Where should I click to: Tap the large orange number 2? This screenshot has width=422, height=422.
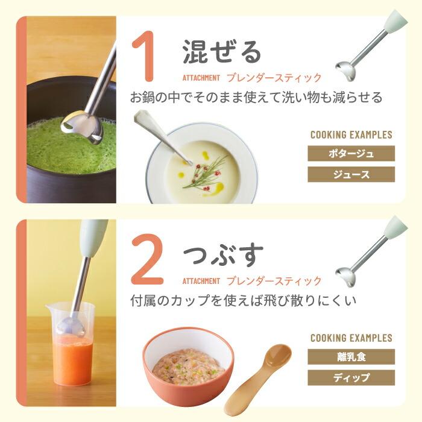pyautogui.click(x=147, y=259)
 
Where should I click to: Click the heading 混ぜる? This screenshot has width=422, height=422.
pyautogui.click(x=222, y=52)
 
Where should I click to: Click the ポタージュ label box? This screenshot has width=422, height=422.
pyautogui.click(x=351, y=153)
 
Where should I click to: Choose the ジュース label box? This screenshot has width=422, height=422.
pyautogui.click(x=351, y=174)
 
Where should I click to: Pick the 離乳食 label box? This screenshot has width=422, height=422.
pyautogui.click(x=351, y=357)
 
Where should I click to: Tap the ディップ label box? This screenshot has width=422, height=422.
pyautogui.click(x=351, y=377)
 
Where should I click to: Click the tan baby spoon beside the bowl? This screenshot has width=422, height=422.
pyautogui.click(x=259, y=377)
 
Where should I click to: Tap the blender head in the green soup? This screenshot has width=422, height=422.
pyautogui.click(x=82, y=127)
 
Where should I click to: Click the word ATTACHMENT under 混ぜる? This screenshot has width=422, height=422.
pyautogui.click(x=201, y=78)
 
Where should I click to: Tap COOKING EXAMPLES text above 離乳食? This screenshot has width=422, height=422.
pyautogui.click(x=351, y=338)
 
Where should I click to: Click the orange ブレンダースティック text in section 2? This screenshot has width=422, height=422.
pyautogui.click(x=274, y=281)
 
